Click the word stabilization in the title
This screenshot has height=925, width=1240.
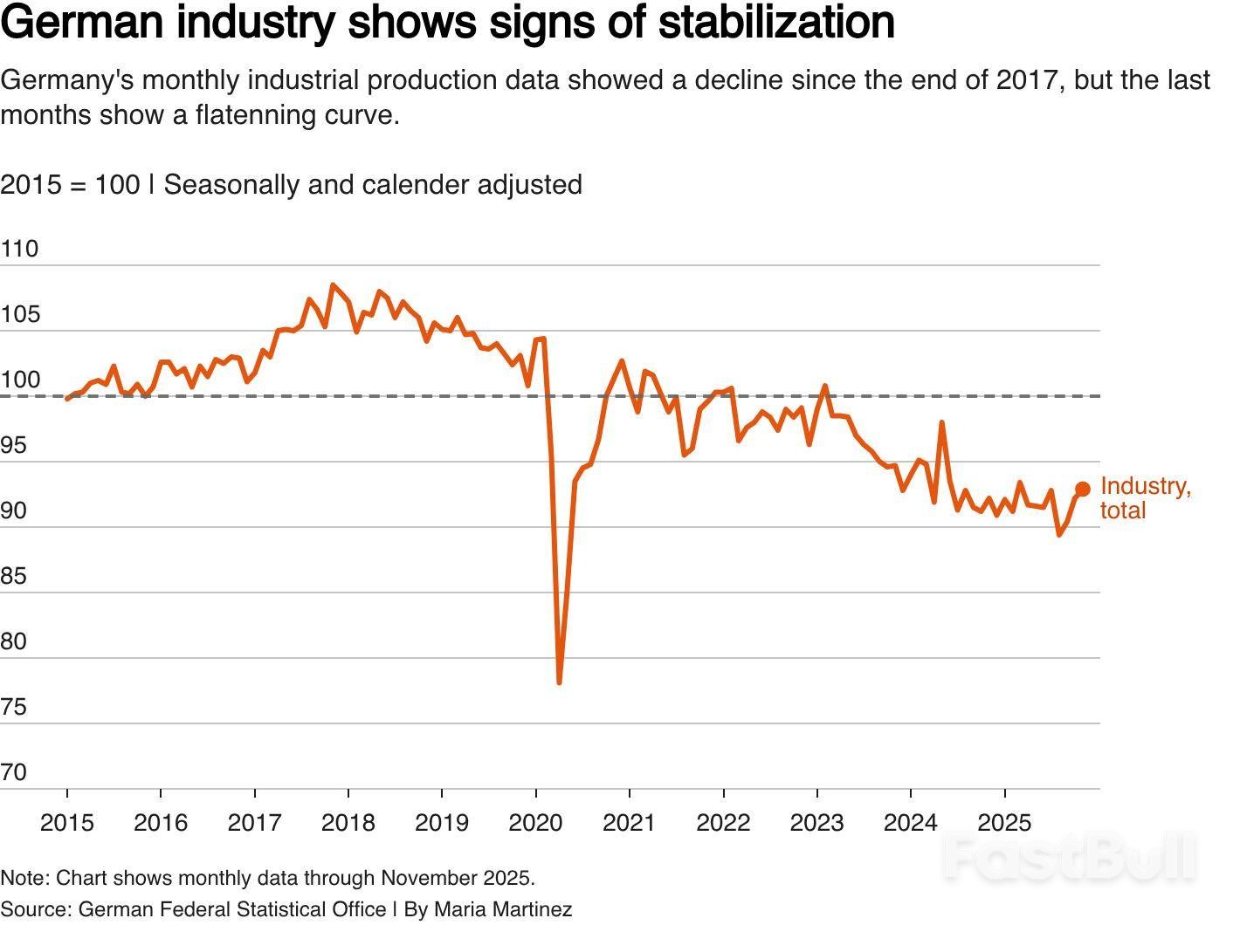click(x=776, y=23)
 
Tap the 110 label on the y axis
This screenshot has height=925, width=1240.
click(x=19, y=249)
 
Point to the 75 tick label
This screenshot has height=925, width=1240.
click(x=14, y=707)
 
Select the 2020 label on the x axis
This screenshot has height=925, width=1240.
click(x=535, y=822)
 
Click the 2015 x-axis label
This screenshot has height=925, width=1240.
click(x=67, y=822)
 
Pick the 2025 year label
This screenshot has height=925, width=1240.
click(x=1004, y=822)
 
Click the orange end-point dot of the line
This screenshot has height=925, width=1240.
click(x=1083, y=489)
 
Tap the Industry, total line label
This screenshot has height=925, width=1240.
click(x=1145, y=497)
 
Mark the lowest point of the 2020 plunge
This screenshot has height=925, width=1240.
click(x=559, y=682)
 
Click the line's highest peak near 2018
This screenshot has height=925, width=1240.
click(x=333, y=284)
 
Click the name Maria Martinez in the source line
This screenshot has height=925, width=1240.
click(x=503, y=909)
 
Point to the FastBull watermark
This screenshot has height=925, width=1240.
click(x=1070, y=858)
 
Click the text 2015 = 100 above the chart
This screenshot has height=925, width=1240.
click(x=70, y=185)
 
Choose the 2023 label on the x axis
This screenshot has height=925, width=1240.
click(x=816, y=822)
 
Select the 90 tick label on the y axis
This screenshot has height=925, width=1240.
click(x=14, y=510)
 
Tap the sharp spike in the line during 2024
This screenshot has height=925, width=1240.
click(x=942, y=423)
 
